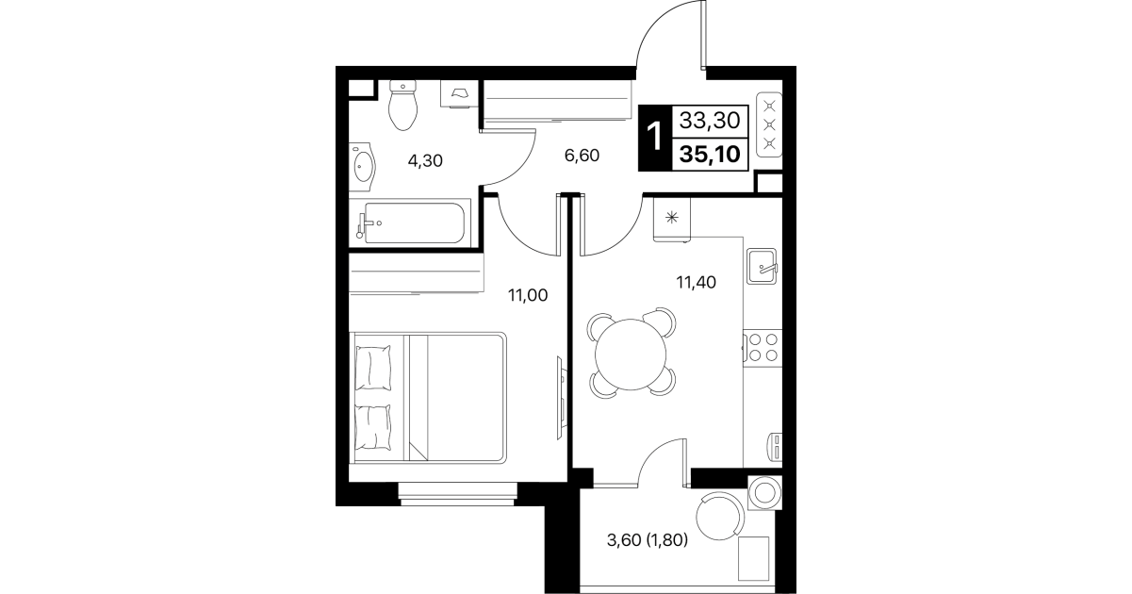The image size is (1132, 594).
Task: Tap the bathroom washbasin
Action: [363, 167]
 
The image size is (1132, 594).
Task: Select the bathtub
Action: [410, 223]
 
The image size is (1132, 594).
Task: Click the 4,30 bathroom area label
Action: [425, 161]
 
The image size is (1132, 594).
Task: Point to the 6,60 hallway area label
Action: [582, 156]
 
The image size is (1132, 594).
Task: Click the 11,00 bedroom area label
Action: [528, 295]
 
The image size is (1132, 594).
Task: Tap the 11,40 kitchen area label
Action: [696, 282]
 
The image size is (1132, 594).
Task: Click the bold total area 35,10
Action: [710, 154]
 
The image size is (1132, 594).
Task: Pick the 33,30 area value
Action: [710, 121]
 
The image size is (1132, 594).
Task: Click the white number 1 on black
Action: [654, 137]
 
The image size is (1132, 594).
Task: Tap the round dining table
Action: [631, 354]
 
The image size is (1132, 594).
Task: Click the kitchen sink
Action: [762, 266]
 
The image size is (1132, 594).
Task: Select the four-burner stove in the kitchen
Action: [763, 348]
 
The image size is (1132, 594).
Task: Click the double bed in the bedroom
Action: [428, 397]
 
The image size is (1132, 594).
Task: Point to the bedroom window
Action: [458, 494]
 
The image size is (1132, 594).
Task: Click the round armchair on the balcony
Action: [719, 517]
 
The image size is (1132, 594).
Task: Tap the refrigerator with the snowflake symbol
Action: [672, 220]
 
